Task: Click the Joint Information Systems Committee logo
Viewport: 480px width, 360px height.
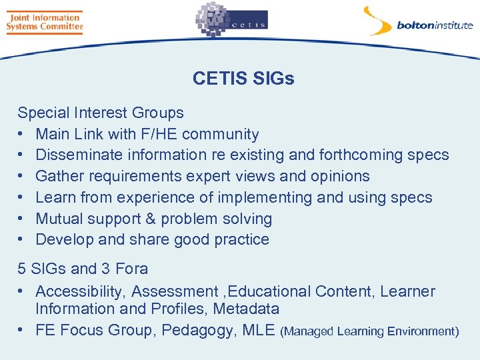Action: pos(44,22)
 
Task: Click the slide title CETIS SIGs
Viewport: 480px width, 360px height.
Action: pos(243,79)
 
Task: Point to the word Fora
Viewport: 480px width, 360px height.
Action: pos(132,269)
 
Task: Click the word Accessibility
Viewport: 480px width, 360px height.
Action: pos(80,291)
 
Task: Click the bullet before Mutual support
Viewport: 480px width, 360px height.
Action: pos(22,219)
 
